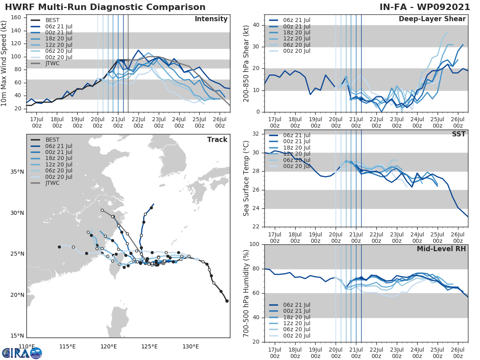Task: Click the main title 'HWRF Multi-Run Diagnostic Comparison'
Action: [105, 7]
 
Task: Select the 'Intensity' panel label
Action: [211, 19]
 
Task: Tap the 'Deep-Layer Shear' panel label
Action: [432, 19]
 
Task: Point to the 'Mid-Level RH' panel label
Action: [441, 249]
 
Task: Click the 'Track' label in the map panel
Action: [217, 140]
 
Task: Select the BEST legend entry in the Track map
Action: [52, 140]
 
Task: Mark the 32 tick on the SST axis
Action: [256, 134]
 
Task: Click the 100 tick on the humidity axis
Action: [254, 244]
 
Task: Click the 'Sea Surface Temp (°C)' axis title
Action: [246, 178]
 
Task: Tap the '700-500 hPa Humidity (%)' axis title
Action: [246, 293]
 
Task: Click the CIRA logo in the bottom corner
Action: [22, 353]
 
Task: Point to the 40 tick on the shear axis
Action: [256, 25]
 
